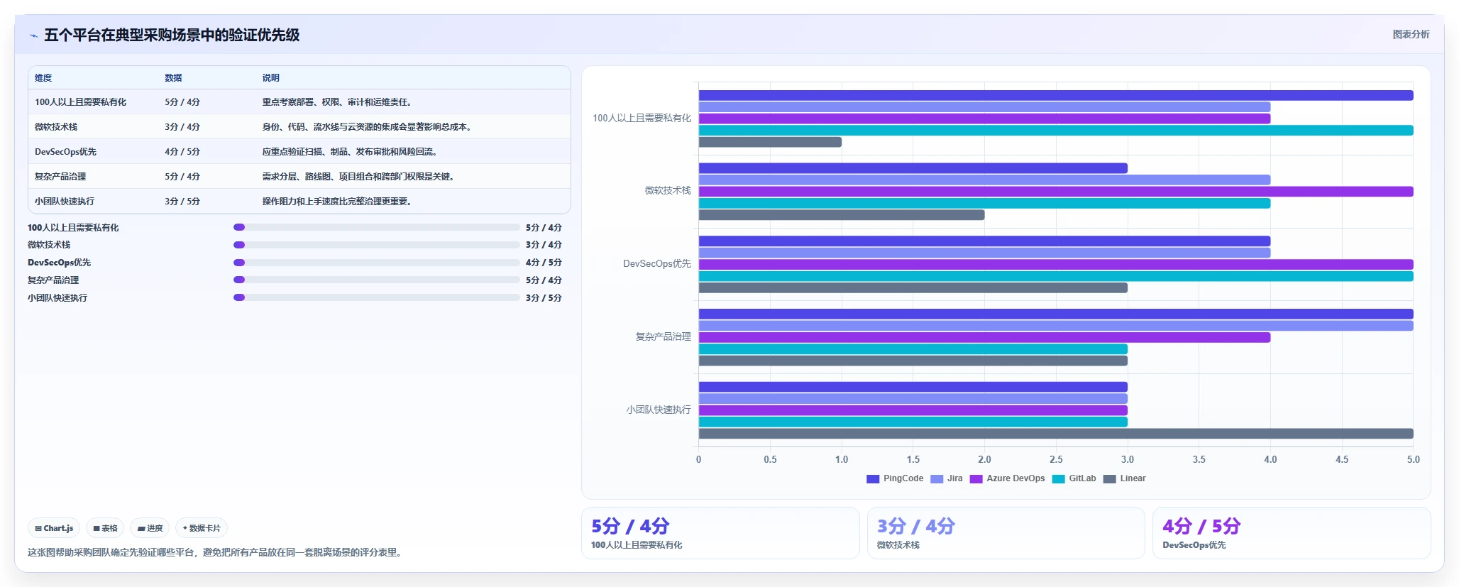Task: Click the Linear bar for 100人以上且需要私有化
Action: pyautogui.click(x=770, y=142)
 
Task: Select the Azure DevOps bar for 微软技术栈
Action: pyautogui.click(x=1056, y=192)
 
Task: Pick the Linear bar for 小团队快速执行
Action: pyautogui.click(x=1056, y=434)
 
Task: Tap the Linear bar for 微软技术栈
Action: pyautogui.click(x=842, y=215)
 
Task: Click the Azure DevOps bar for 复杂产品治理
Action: pyautogui.click(x=984, y=337)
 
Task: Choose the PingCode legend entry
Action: pyautogui.click(x=895, y=478)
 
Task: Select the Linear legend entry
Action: pyautogui.click(x=1125, y=478)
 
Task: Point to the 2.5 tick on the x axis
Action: pyautogui.click(x=1056, y=459)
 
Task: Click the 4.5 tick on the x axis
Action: pyautogui.click(x=1342, y=459)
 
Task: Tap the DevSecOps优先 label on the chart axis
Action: pyautogui.click(x=657, y=263)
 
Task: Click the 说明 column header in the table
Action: pyautogui.click(x=271, y=78)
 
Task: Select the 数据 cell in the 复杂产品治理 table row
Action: pyautogui.click(x=182, y=177)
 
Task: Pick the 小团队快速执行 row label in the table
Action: pyautogui.click(x=65, y=202)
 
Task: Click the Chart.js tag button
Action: pyautogui.click(x=54, y=528)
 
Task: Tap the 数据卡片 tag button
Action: pyautogui.click(x=202, y=528)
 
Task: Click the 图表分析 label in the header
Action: pyautogui.click(x=1411, y=34)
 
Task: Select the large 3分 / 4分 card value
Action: pyautogui.click(x=916, y=526)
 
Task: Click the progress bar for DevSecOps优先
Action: pyautogui.click(x=377, y=263)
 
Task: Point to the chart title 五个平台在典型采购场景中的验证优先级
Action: pyautogui.click(x=172, y=35)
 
